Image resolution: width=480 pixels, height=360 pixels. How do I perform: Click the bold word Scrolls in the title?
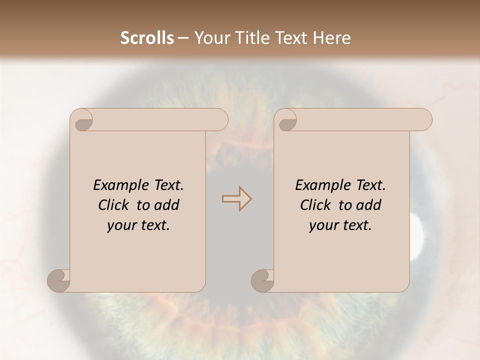[x=147, y=38]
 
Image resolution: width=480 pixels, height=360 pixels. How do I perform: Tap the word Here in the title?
[x=332, y=38]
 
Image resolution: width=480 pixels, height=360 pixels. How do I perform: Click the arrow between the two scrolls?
[x=236, y=198]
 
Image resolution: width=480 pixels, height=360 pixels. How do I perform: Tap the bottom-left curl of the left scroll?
[x=59, y=280]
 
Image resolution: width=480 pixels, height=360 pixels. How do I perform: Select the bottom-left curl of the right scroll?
[x=262, y=280]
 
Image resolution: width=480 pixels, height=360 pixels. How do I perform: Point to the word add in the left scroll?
[x=167, y=205]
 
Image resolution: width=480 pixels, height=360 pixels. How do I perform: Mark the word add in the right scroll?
[x=369, y=205]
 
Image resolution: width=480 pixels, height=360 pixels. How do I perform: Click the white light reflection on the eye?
[x=416, y=235]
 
